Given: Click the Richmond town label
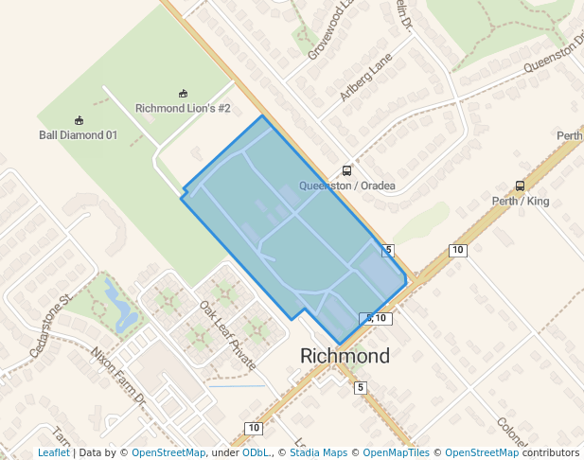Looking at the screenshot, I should click(345, 357).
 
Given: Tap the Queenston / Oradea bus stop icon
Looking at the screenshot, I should click(347, 171).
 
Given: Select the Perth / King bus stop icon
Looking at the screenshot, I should click(520, 186).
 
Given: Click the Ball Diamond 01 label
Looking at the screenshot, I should click(78, 135).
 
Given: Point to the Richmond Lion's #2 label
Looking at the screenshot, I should click(183, 109).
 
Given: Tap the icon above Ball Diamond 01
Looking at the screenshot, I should click(79, 120).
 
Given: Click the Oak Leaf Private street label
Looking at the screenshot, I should click(227, 335).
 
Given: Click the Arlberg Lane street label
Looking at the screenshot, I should click(364, 80).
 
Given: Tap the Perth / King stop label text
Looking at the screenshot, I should click(521, 202).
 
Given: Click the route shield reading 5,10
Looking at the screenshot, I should click(376, 318).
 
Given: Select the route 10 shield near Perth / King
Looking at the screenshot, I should click(458, 250).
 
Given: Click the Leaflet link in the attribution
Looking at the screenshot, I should click(53, 453).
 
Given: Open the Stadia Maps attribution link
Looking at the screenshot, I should click(317, 453).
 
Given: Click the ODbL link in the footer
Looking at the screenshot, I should click(255, 453).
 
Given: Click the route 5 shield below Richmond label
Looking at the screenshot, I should click(360, 387).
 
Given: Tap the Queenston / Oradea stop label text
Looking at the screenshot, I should click(347, 186).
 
